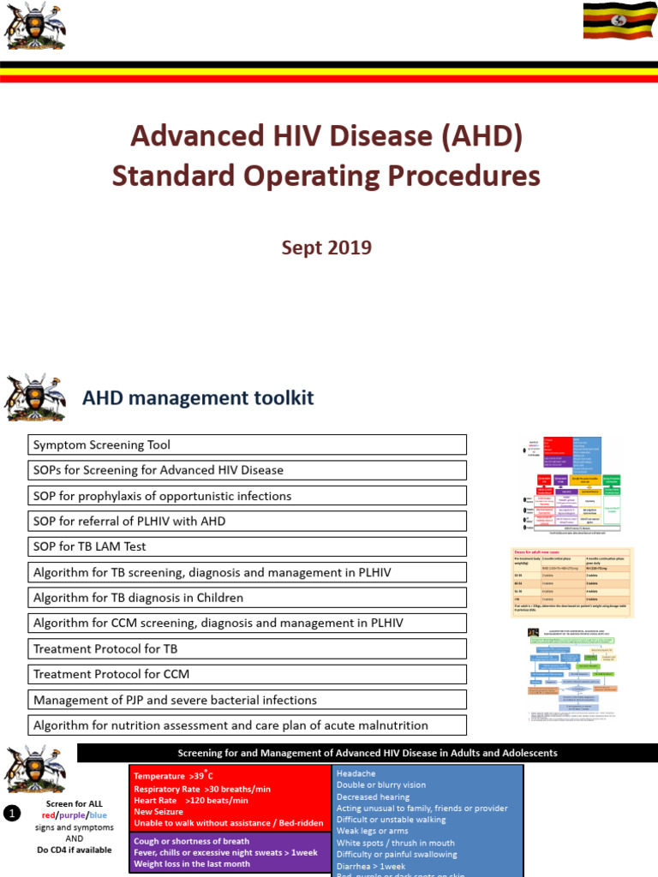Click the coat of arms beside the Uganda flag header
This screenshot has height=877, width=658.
point(33,26)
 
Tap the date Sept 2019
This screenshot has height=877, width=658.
point(326,248)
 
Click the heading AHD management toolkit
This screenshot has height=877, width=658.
point(197,397)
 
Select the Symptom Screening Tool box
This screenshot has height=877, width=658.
point(248,444)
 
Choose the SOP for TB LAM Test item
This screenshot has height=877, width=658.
point(248,546)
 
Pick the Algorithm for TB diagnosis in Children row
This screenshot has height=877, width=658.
point(248,598)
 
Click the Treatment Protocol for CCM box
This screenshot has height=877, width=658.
point(248,675)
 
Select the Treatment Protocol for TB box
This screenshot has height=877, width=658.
point(248,649)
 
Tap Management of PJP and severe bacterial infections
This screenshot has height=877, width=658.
point(248,701)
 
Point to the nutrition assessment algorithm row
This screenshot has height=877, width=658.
point(248,725)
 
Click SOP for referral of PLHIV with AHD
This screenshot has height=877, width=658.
point(248,521)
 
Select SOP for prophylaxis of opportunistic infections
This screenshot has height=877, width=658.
point(248,496)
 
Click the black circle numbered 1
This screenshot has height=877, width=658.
point(11,814)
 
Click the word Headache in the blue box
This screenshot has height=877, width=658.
point(356,773)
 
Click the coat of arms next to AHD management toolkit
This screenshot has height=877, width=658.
point(34,397)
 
